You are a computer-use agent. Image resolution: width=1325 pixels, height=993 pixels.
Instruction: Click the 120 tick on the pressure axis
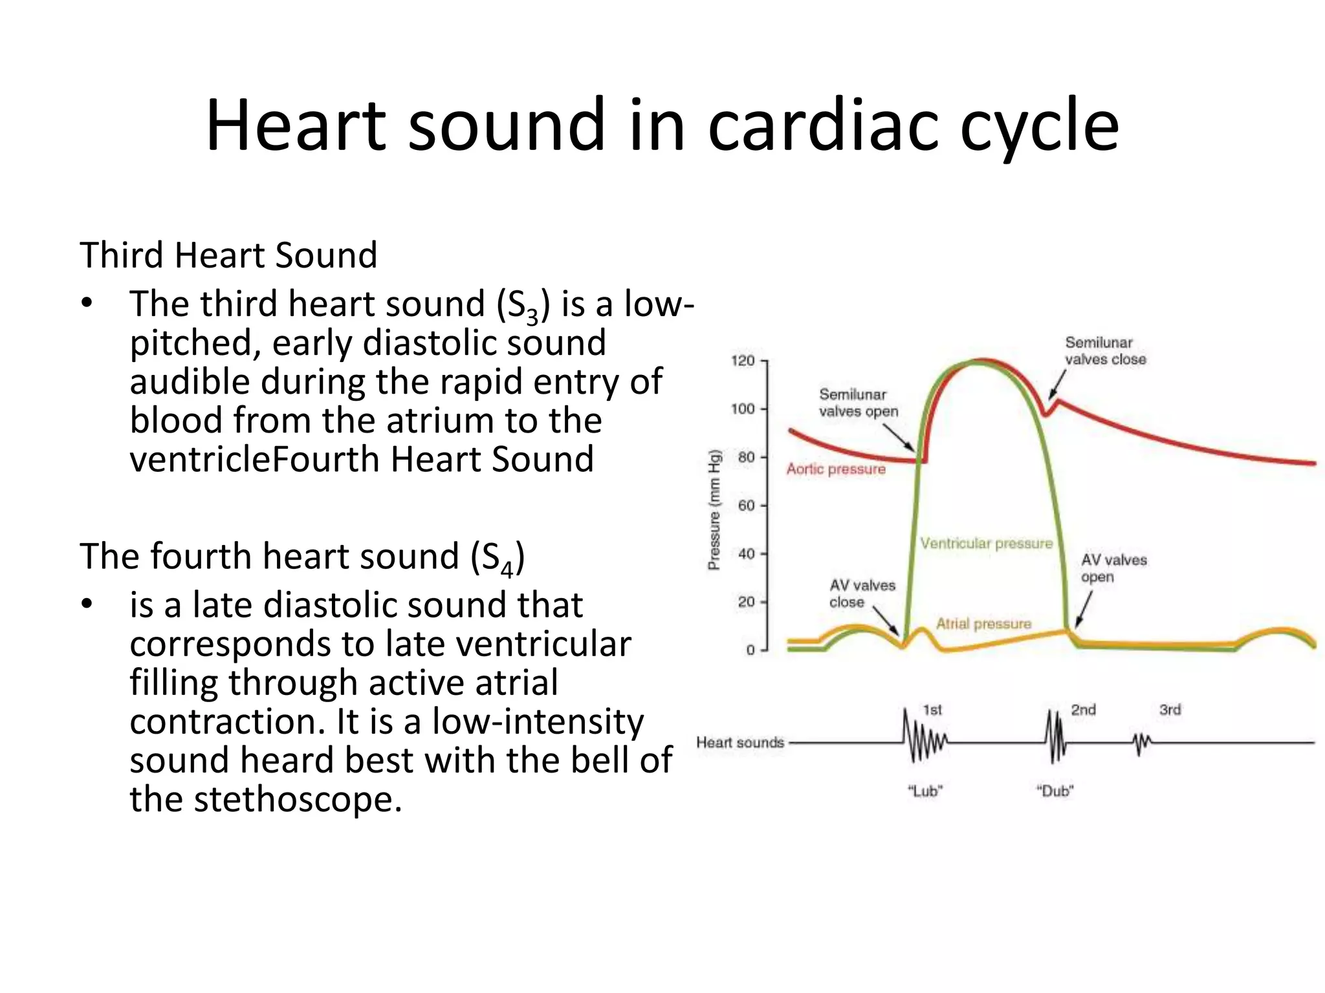click(x=744, y=361)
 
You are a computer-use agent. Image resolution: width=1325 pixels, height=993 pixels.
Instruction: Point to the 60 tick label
click(x=746, y=506)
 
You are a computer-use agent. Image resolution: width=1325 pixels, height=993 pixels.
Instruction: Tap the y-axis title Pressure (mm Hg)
click(x=714, y=509)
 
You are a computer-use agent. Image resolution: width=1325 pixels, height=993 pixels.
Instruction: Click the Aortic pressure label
click(x=835, y=469)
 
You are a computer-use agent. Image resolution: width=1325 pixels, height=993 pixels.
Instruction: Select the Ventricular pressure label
click(x=986, y=544)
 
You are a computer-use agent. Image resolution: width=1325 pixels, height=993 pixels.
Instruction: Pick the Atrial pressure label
click(x=983, y=624)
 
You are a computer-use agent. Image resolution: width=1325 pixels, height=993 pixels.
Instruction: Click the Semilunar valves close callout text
click(x=1105, y=351)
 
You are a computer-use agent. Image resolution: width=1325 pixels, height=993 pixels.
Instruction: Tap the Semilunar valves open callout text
click(x=858, y=403)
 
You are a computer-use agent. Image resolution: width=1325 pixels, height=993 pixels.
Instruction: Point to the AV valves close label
click(x=862, y=593)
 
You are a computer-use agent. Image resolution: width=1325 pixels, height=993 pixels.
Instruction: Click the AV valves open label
click(x=1113, y=568)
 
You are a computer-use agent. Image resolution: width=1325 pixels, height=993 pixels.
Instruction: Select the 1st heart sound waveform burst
click(x=924, y=742)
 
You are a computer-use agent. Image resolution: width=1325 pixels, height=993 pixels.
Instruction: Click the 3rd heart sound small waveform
click(x=1142, y=743)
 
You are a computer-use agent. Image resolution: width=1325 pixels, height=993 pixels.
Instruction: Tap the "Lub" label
click(x=925, y=791)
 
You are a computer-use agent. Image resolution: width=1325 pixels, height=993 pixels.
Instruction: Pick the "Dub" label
click(x=1055, y=791)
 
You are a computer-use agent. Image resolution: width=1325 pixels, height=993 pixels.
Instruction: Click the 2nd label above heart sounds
click(x=1083, y=710)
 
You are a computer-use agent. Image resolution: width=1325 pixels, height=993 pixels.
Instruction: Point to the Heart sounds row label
click(x=739, y=743)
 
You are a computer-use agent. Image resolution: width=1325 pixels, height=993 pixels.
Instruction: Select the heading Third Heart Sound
click(x=228, y=255)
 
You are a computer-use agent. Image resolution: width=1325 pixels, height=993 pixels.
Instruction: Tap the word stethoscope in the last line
click(x=298, y=799)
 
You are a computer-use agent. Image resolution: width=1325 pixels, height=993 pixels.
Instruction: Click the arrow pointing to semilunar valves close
click(x=1057, y=385)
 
